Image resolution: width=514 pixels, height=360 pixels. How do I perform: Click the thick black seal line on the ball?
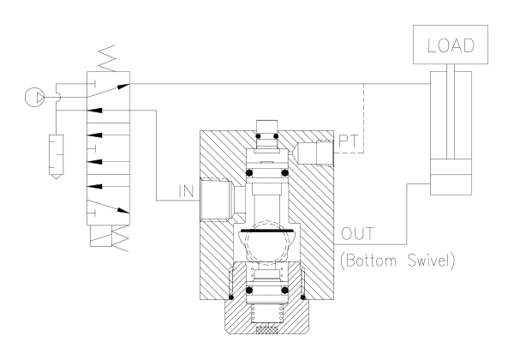tap(266, 231)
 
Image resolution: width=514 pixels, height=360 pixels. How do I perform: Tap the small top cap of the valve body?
tap(267, 135)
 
